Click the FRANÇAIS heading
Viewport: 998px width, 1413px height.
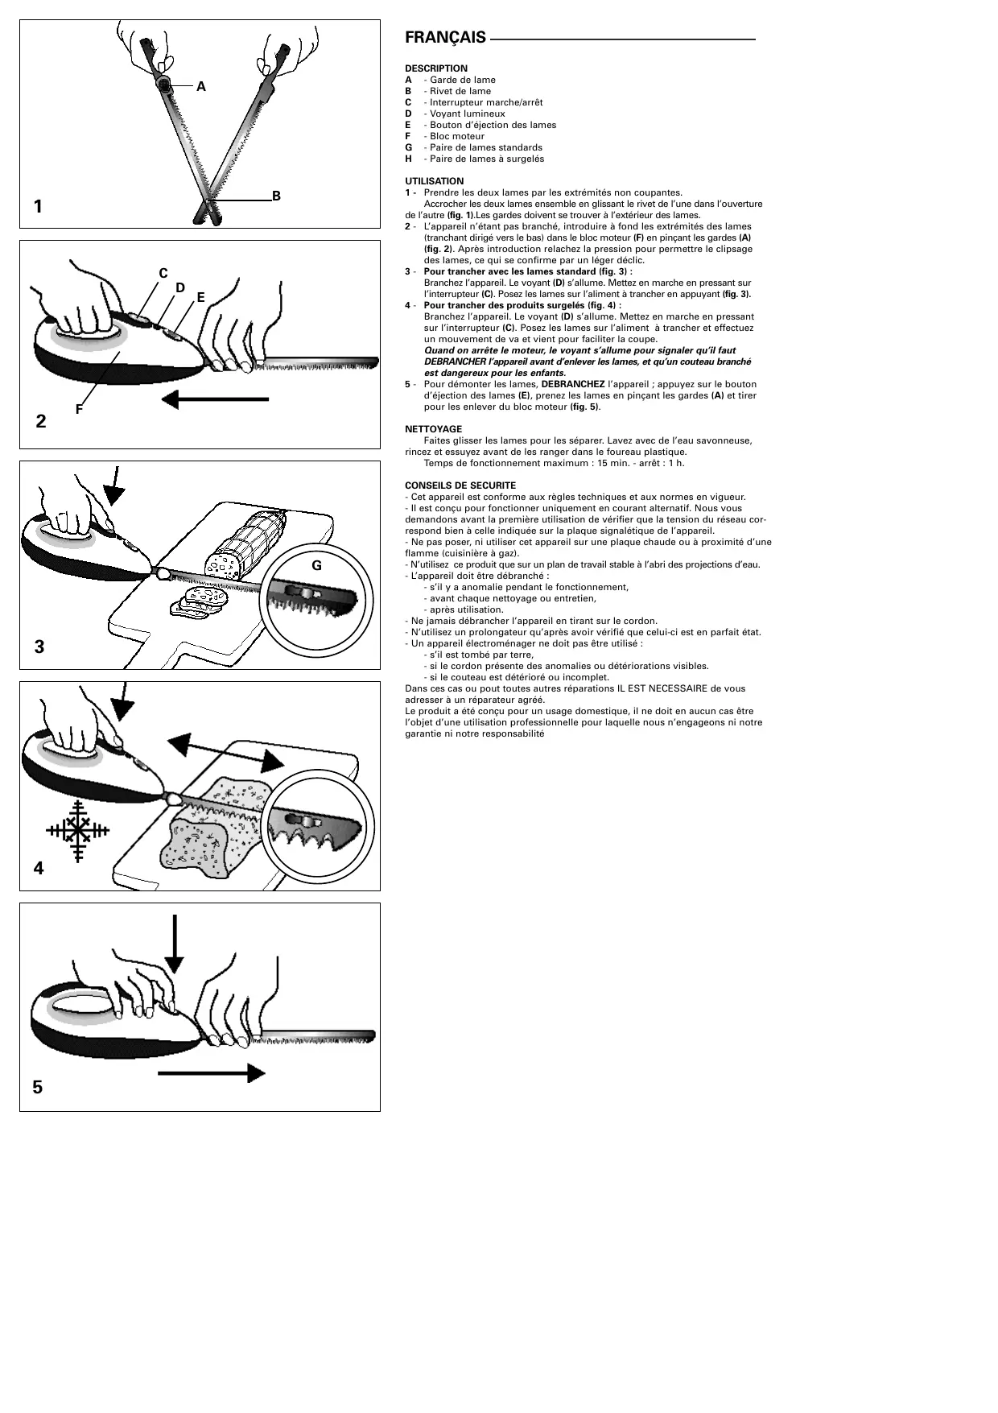pos(445,38)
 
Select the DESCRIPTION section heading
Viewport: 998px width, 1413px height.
pos(435,68)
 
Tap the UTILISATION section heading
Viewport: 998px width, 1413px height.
pos(434,181)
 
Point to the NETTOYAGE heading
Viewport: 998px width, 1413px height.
pos(433,429)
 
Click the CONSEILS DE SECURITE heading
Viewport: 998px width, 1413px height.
pos(460,485)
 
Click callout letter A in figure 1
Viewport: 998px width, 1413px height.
pos(201,86)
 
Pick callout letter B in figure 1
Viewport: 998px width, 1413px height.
pos(276,196)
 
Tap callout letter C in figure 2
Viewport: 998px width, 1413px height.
pos(163,274)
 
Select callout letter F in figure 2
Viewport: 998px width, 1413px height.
pos(79,409)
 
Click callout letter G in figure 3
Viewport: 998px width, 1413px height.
pos(316,565)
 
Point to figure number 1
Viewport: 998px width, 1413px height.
pos(38,207)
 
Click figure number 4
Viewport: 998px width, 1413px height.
pos(38,869)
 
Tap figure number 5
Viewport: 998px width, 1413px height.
pos(38,1087)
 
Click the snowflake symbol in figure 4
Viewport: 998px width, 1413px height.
pos(78,832)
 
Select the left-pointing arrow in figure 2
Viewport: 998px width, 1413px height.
pos(214,399)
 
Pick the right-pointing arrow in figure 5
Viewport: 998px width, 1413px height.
pos(212,1073)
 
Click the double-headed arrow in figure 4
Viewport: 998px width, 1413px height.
pos(226,751)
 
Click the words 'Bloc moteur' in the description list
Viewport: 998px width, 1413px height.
pos(456,136)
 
